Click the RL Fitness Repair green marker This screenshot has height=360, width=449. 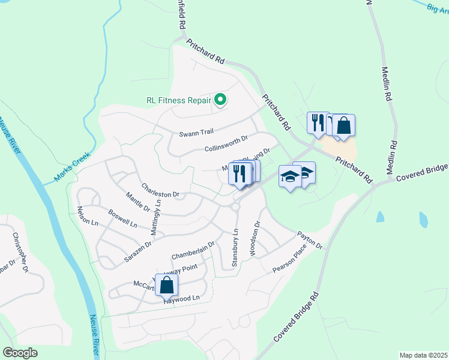click(x=220, y=100)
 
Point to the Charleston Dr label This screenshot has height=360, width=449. click(x=160, y=190)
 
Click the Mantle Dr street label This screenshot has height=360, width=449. click(x=137, y=200)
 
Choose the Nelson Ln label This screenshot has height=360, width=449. click(x=87, y=216)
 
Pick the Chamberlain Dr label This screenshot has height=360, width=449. click(x=193, y=251)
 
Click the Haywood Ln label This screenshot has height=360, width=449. click(x=181, y=298)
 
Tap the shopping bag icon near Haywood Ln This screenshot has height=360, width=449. click(x=166, y=284)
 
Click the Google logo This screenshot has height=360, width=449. click(x=20, y=352)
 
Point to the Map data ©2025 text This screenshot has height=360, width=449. click(x=423, y=355)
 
